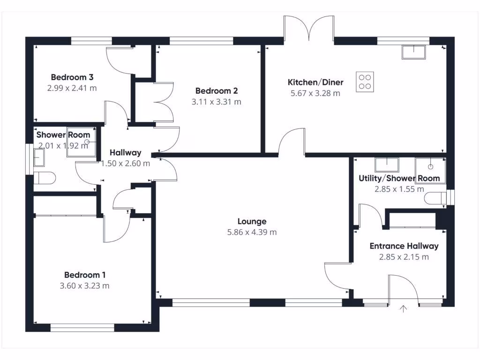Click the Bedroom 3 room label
tap(72, 77)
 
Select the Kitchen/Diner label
tap(315, 82)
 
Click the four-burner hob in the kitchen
tap(366, 81)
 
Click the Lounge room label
tap(252, 221)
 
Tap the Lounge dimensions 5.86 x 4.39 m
tap(252, 232)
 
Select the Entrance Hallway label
tap(404, 246)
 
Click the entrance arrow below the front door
tap(403, 308)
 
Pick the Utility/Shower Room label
tap(399, 178)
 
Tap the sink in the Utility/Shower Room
tap(387, 165)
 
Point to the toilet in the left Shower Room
tap(45, 178)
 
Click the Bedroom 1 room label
tap(82, 275)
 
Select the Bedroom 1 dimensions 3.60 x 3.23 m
tap(82, 285)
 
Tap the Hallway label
tap(125, 153)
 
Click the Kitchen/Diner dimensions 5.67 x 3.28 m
tap(315, 93)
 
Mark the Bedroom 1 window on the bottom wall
tap(82, 328)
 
